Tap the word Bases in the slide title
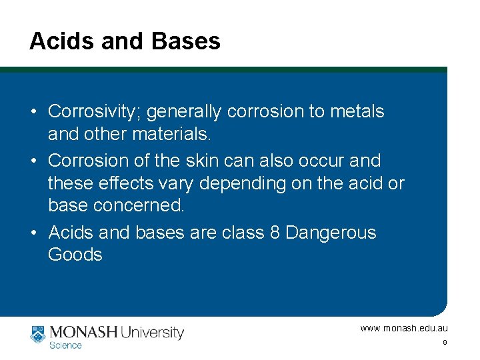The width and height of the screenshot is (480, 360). (x=186, y=41)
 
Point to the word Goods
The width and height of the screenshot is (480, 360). (x=75, y=255)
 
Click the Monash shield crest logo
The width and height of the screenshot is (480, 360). (x=37, y=333)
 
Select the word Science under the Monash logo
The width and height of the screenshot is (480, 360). (x=65, y=345)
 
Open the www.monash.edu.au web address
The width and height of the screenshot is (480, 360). (x=404, y=328)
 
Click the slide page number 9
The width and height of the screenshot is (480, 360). (x=444, y=343)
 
